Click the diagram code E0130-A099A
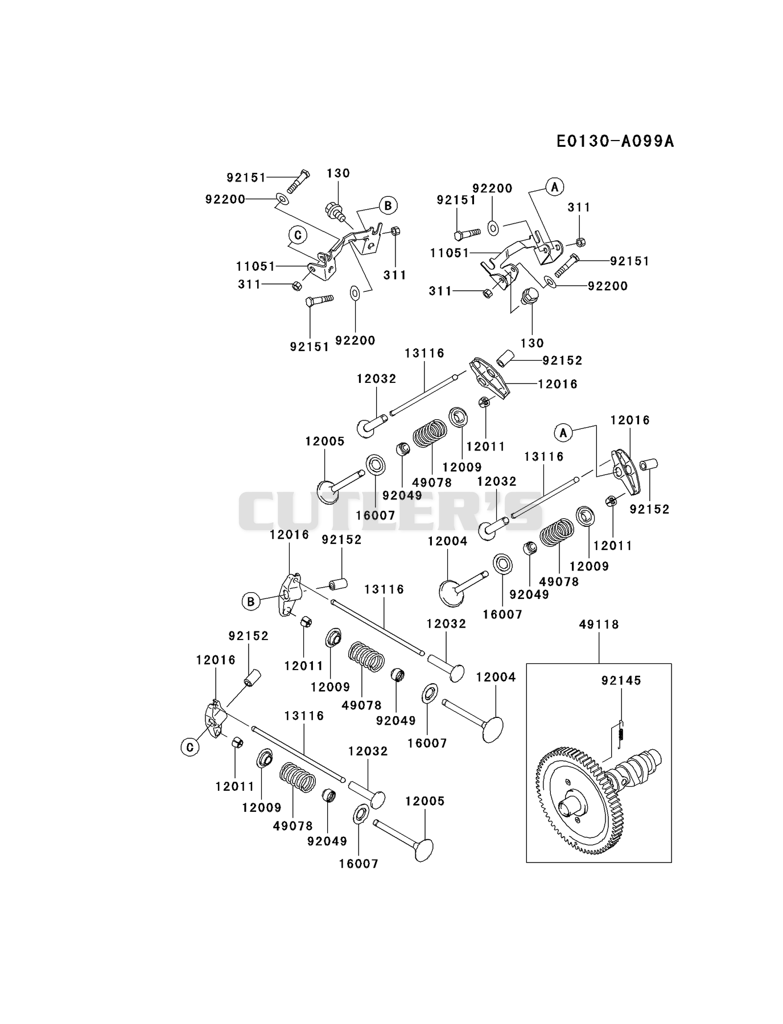615,141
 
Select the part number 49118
599,624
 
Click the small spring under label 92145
621,730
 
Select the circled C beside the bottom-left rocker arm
190,747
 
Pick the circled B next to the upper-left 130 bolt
388,205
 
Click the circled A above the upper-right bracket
554,186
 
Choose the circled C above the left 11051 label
297,234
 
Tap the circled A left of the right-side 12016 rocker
563,433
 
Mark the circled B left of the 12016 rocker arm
250,601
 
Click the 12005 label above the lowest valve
425,801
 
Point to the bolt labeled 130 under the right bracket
530,296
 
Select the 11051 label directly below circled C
255,266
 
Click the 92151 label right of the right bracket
629,261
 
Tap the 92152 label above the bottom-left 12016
249,636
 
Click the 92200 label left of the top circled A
492,188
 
